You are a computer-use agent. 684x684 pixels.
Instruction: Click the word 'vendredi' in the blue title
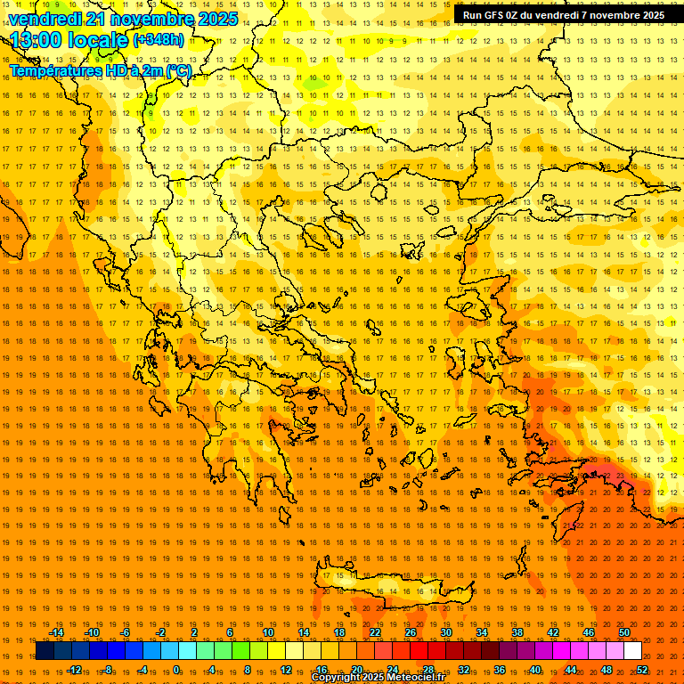pos(45,19)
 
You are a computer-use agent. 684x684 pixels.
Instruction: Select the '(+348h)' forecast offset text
pos(159,40)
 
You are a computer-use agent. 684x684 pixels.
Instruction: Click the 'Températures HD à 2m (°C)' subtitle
pos(100,70)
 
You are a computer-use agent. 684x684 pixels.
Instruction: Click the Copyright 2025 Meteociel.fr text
pos(378,678)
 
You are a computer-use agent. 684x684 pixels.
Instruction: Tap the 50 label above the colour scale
pos(623,632)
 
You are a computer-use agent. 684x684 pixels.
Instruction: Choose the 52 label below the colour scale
pos(642,670)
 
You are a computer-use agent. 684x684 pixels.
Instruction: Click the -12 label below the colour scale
pos(74,670)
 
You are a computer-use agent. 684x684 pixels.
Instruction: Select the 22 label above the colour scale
pos(375,632)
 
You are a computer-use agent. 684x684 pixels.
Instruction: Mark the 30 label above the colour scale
pos(445,632)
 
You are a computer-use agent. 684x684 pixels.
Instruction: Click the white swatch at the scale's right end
pos(632,651)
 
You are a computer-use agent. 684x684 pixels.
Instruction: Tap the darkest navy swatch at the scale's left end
pos(45,651)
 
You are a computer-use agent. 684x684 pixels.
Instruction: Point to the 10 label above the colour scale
pos(268,632)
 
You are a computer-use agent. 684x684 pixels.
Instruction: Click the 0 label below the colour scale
pos(177,670)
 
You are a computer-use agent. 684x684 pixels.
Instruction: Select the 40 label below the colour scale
pos(535,670)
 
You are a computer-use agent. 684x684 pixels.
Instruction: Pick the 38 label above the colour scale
pos(517,632)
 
